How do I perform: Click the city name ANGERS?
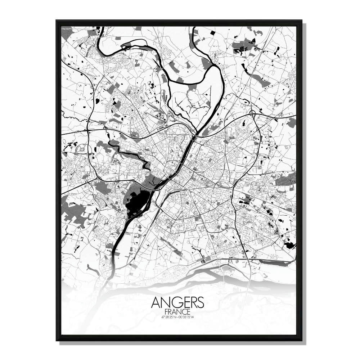pos(178,302)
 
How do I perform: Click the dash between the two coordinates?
pos(178,317)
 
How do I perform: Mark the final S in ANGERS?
pos(200,302)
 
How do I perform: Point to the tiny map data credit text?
pos(67,28)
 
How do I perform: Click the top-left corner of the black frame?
pos(57,21)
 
